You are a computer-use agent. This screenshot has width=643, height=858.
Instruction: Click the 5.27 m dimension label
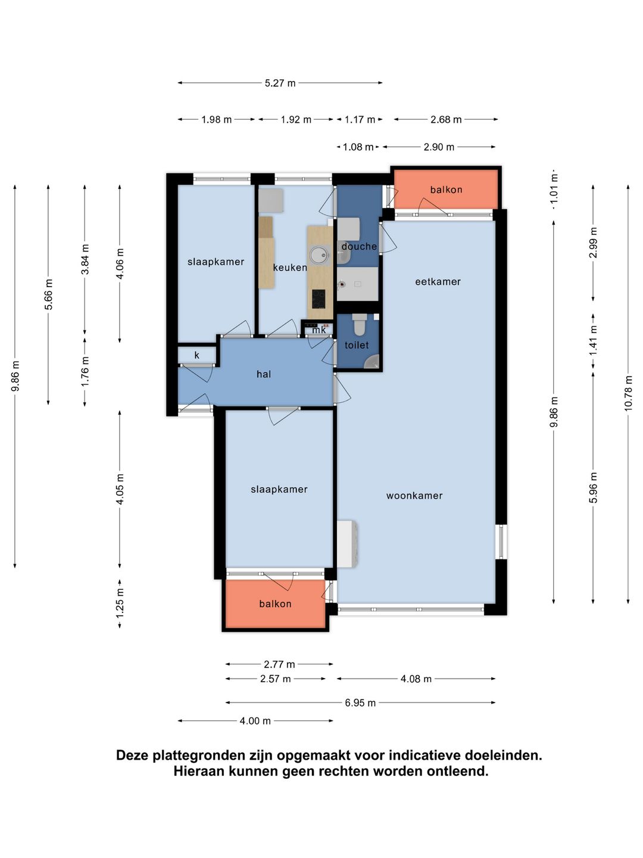[280, 83]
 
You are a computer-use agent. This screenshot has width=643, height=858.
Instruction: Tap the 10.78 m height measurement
[628, 393]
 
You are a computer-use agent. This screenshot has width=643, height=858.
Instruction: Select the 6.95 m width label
[360, 703]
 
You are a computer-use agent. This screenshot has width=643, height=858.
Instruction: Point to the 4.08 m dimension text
[416, 679]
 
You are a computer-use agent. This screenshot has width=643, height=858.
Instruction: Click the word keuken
[290, 268]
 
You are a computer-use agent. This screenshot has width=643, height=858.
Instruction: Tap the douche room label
[359, 246]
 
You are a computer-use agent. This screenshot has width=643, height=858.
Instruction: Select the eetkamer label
[438, 282]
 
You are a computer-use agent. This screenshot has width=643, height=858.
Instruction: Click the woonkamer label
[414, 496]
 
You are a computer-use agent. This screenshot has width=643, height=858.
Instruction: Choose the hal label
[264, 374]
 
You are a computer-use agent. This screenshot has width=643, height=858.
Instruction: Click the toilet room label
[357, 345]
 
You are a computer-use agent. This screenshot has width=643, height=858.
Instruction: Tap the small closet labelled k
[196, 355]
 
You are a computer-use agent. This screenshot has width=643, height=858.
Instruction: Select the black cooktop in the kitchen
[319, 299]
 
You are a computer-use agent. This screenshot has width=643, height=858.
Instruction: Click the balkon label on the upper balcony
[446, 189]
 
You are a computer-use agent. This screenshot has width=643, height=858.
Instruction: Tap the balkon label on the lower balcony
[275, 604]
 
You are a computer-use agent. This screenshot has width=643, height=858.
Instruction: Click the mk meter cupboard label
[319, 329]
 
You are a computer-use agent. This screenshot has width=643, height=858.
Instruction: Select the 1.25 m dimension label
[120, 604]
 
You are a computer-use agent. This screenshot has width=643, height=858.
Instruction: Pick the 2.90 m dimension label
[439, 147]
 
